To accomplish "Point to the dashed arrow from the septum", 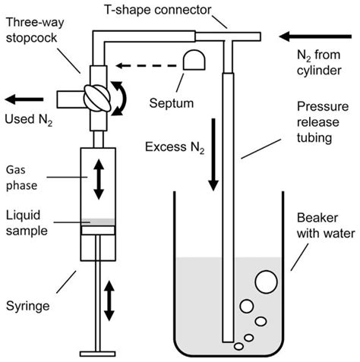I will coord(144,67).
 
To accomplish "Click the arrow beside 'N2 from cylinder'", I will coord(312,36).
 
